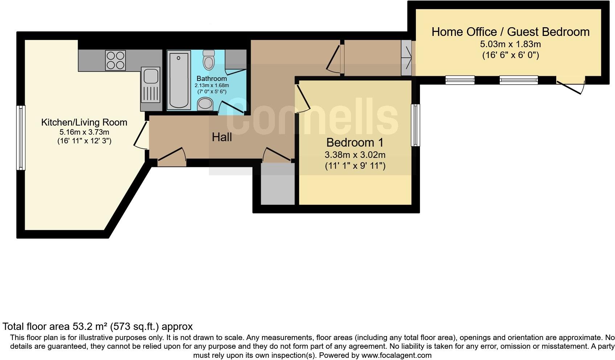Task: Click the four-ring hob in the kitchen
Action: coord(116,60)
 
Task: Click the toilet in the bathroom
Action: coord(209,60)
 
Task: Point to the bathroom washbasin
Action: coord(205,104)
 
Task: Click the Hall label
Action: coord(222,137)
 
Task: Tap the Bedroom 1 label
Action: coord(355,142)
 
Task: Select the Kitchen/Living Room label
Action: coord(84,122)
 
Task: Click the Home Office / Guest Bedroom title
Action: coord(510,32)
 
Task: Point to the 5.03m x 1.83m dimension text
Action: coord(510,44)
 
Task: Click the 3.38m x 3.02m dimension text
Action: coord(355,155)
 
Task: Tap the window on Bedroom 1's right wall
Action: coord(416,125)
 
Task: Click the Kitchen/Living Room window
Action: coord(21,138)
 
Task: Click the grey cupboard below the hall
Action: coord(278,184)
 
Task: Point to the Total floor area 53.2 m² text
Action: coord(98,327)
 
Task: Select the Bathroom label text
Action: coord(211,78)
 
